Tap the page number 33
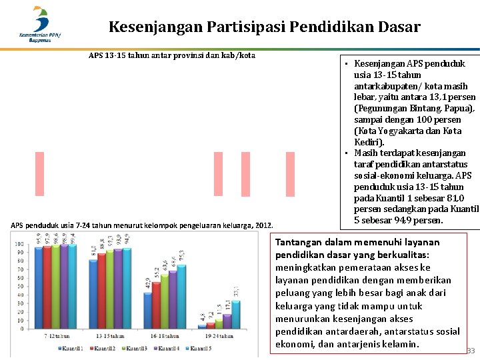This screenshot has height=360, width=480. [471, 351]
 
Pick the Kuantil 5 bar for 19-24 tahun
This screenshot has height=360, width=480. [235, 315]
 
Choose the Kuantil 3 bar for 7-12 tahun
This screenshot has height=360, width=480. [55, 287]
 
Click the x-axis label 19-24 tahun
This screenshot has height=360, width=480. [219, 336]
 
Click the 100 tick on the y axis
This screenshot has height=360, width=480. [20, 245]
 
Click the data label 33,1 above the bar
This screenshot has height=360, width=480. [235, 291]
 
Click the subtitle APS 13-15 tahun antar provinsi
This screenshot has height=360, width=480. [171, 55]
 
